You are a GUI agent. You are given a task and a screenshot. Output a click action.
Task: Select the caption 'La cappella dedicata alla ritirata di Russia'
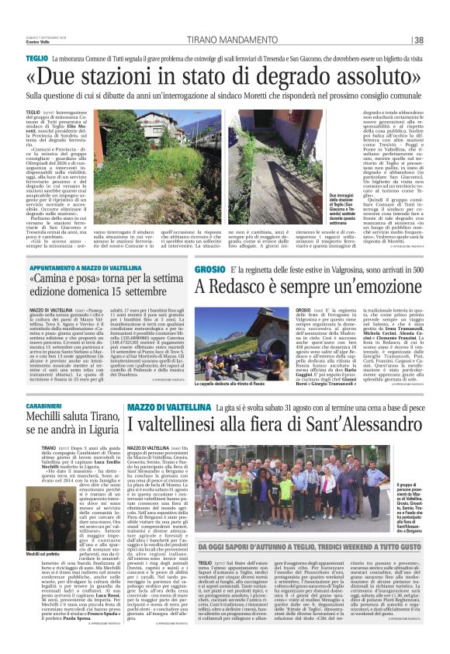[234, 383]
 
